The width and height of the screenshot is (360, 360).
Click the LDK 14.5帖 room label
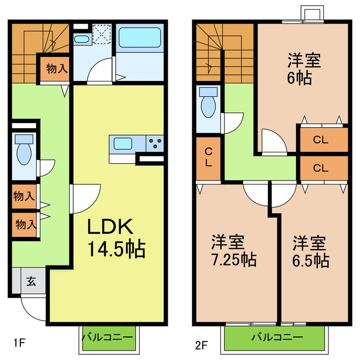[x=115, y=237]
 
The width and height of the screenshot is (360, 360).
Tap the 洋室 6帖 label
[x=300, y=67]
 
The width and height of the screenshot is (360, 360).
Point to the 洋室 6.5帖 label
[x=310, y=251]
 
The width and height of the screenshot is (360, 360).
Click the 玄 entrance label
[x=31, y=281]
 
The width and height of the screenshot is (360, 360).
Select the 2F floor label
[x=201, y=342]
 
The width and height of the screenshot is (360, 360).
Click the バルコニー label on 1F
[x=107, y=337]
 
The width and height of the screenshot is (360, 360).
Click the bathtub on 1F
[x=140, y=38]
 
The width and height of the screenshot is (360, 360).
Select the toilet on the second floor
[x=208, y=103]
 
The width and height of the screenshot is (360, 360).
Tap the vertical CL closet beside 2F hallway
[x=208, y=157]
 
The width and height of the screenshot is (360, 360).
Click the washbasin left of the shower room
[x=82, y=39]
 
